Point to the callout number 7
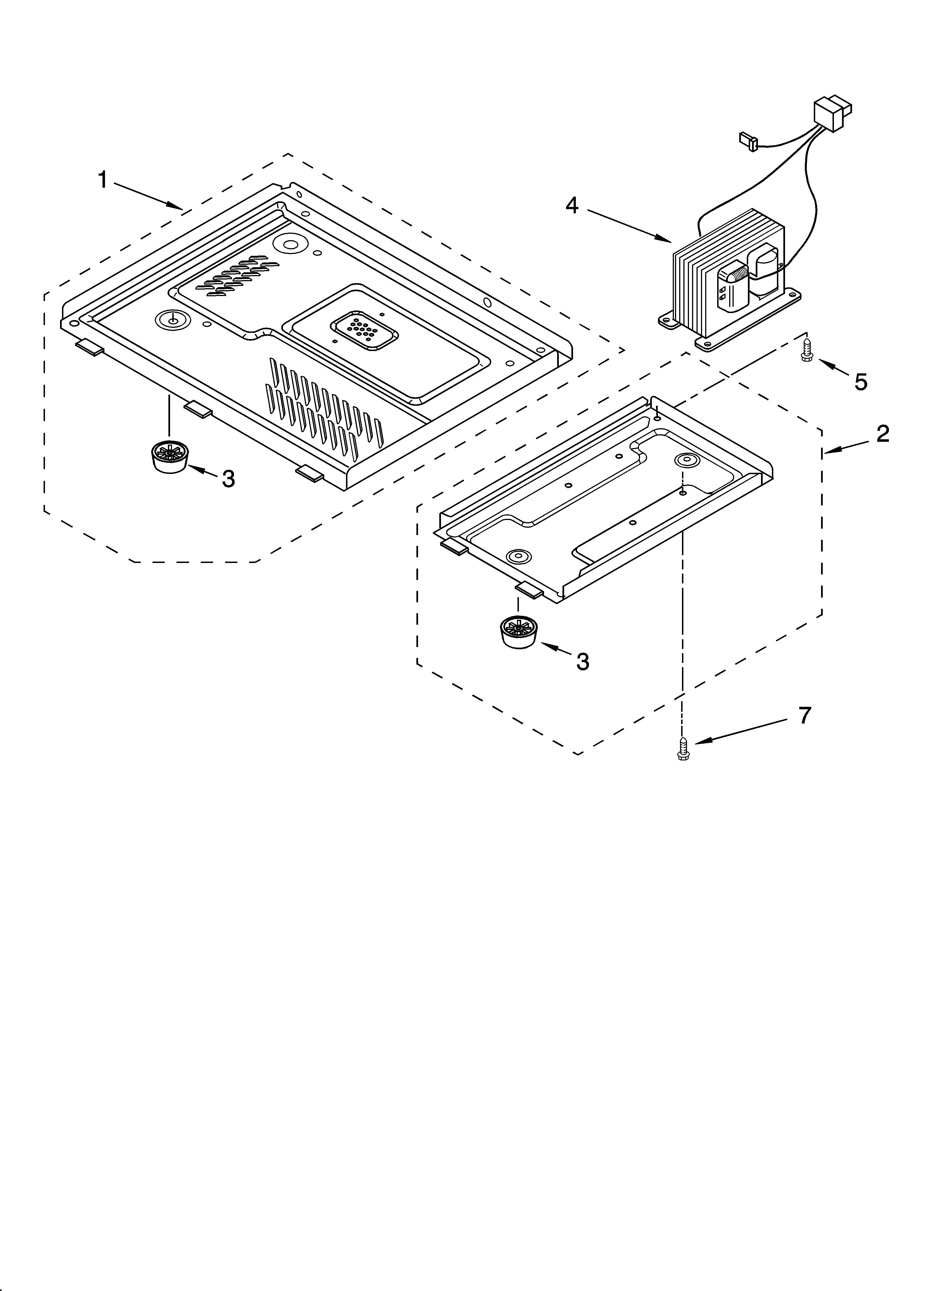(803, 715)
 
